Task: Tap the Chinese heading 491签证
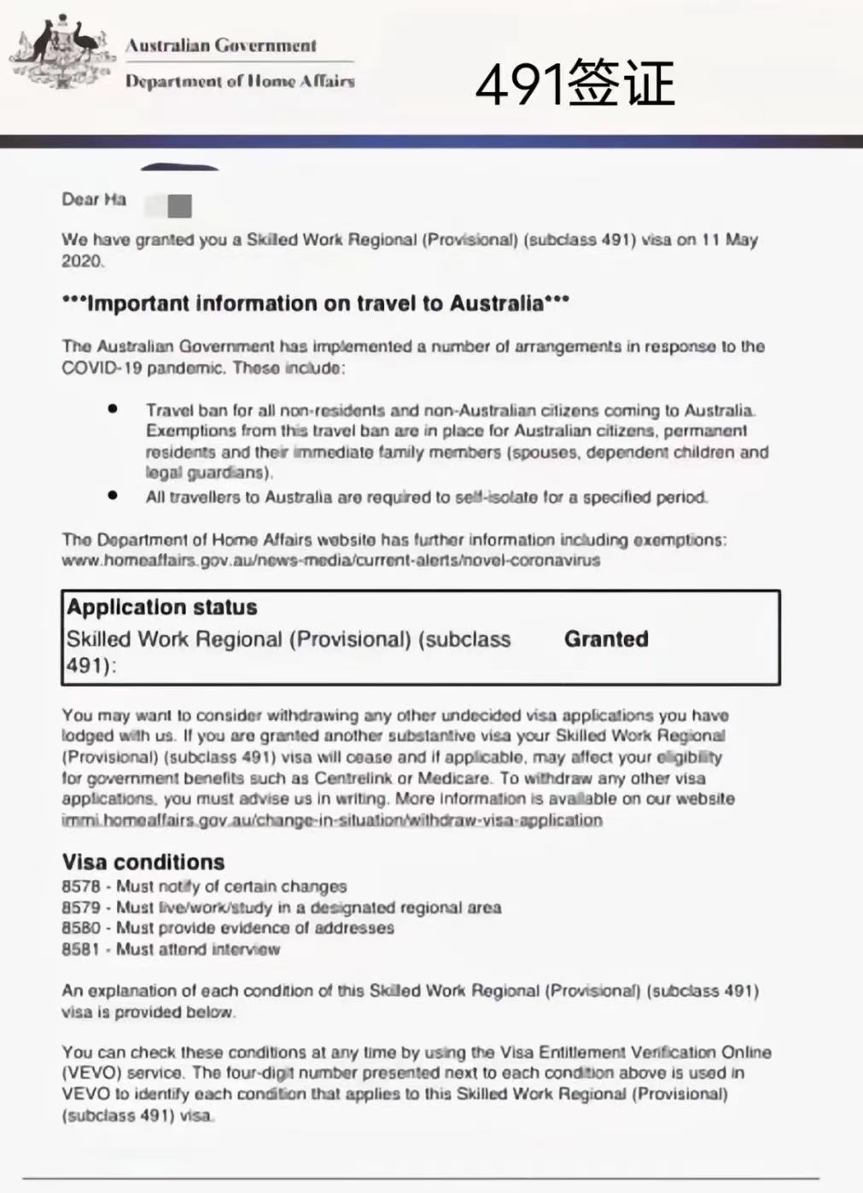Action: point(574,84)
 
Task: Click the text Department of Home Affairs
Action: point(240,81)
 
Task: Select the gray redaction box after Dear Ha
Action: point(179,206)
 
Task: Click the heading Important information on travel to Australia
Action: point(316,304)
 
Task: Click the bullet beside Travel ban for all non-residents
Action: point(113,409)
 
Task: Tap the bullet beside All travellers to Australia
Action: point(113,495)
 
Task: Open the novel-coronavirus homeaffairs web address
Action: point(330,561)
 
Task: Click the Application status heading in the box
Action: point(162,608)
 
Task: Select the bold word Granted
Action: point(606,639)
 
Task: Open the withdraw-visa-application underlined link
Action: point(331,820)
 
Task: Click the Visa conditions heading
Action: point(143,862)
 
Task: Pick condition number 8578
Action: point(81,887)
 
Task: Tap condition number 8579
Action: point(81,908)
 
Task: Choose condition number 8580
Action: point(81,928)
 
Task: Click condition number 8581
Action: point(81,950)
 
